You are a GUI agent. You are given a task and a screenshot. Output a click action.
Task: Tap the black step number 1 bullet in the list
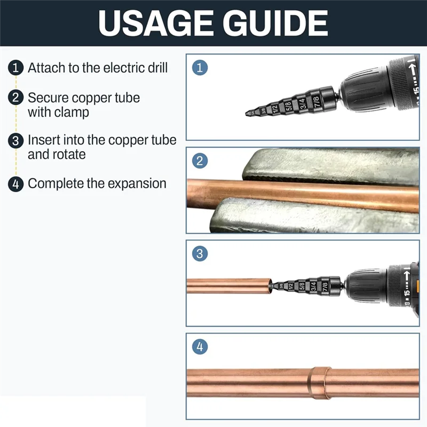pos(17,68)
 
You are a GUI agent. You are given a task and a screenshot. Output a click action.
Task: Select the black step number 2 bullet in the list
pos(17,98)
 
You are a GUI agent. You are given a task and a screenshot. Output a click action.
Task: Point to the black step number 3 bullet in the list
pos(17,140)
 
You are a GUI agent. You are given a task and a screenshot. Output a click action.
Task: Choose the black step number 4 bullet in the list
pos(17,184)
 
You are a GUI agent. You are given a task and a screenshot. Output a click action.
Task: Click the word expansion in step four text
pos(137,184)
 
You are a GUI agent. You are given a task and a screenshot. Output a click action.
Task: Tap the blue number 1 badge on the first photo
pos(200,68)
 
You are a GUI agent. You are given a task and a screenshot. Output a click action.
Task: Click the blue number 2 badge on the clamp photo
pos(200,161)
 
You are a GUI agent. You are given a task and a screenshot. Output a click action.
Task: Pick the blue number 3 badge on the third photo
pos(200,254)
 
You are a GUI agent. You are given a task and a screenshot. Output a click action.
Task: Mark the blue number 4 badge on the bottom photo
pos(200,346)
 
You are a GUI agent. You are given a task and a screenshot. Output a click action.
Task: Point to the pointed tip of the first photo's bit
pos(247,113)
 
